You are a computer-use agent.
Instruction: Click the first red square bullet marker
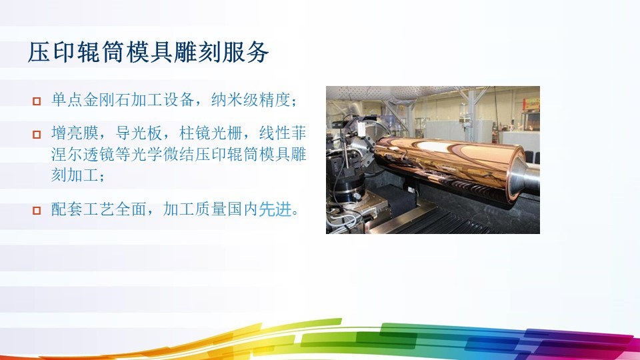(x=37, y=102)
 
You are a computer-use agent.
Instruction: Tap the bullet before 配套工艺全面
(x=37, y=211)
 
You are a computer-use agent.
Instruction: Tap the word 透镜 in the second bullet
(x=111, y=155)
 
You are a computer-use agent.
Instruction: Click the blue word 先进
(x=275, y=210)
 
